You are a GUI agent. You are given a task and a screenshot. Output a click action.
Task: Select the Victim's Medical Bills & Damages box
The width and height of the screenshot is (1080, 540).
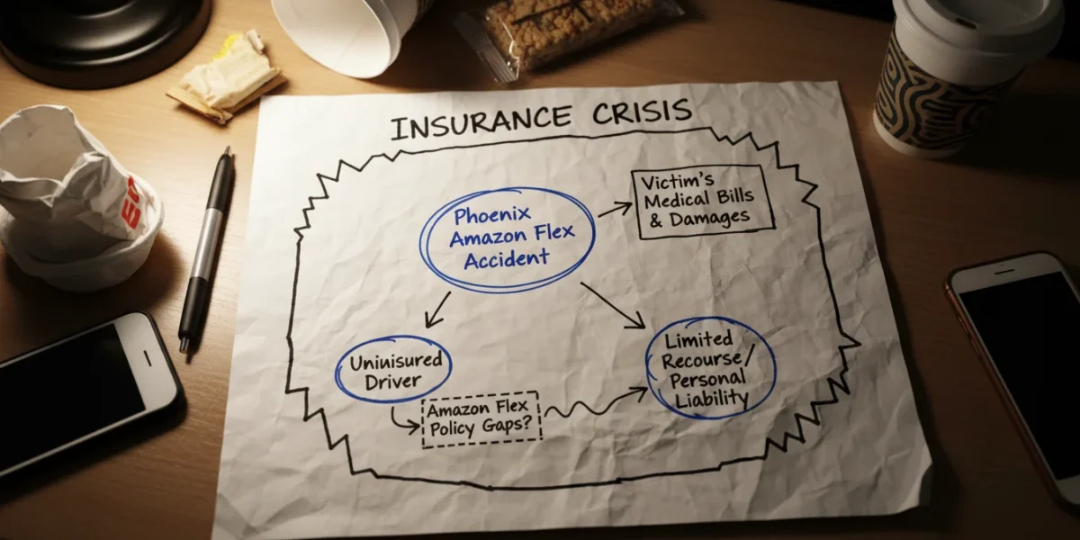[x=703, y=202]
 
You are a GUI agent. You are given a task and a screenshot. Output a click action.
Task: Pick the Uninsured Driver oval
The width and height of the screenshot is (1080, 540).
[x=393, y=369]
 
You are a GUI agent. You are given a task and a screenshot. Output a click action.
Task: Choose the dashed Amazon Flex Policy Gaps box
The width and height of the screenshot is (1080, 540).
[x=481, y=419]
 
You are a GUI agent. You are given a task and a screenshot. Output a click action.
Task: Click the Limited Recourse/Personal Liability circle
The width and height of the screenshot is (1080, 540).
[x=711, y=368]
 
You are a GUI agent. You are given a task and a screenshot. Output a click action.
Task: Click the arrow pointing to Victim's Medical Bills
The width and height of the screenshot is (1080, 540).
[x=616, y=210]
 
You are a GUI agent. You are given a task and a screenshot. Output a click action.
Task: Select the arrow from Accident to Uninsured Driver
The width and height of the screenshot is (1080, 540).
[x=437, y=309]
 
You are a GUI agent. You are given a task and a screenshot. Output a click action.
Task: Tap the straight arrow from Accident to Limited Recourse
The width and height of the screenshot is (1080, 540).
[x=613, y=305]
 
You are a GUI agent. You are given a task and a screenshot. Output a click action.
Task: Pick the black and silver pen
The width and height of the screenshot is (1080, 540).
[x=207, y=250]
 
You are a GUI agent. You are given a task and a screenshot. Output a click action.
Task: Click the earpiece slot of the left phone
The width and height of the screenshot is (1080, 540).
[x=148, y=358]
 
